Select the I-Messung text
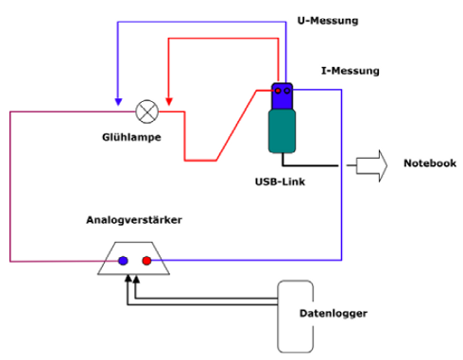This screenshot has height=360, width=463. (351, 70)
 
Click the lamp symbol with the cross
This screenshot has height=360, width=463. (146, 111)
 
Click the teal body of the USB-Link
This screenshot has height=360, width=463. (284, 129)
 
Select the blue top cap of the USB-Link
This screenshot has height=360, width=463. (284, 94)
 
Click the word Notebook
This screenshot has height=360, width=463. (430, 163)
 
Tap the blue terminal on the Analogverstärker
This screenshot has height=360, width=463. (123, 260)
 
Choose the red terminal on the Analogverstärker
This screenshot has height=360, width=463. (146, 260)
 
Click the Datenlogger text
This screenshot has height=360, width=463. (325, 313)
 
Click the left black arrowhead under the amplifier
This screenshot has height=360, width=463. (126, 280)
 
